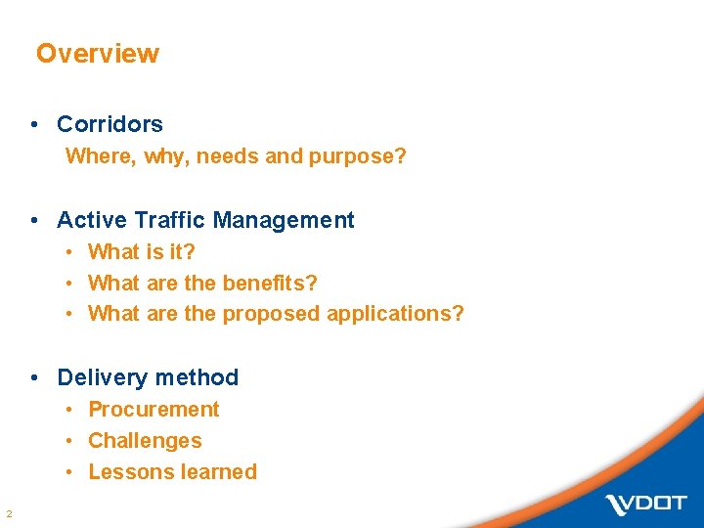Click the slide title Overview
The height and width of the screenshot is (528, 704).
click(x=97, y=54)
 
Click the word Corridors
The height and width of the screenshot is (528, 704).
click(x=110, y=124)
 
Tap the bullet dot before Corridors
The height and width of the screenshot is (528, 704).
click(x=34, y=124)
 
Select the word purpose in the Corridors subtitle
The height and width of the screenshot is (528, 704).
click(x=357, y=156)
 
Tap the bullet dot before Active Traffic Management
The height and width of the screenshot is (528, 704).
click(x=34, y=220)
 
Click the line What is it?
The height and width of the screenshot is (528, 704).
click(x=142, y=251)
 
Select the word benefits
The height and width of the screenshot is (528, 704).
click(x=270, y=283)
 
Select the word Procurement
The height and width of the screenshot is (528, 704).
click(x=154, y=409)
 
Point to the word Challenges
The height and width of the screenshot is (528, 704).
click(x=145, y=440)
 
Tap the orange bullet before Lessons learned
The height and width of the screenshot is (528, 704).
click(x=71, y=471)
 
